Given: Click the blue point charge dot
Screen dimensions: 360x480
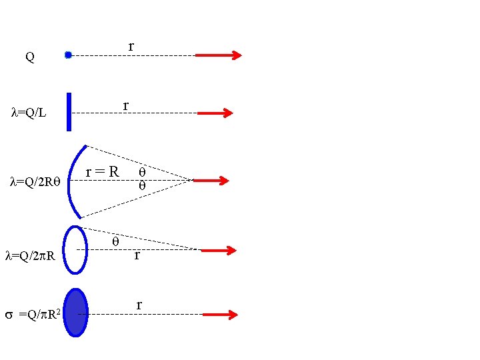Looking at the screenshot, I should click(68, 55).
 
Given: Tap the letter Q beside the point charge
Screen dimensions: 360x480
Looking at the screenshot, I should click(30, 57).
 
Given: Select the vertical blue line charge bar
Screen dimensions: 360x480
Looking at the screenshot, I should click(69, 111).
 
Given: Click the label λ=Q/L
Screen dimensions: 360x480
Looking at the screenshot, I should click(29, 113).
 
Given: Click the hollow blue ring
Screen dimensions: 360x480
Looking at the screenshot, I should click(75, 249).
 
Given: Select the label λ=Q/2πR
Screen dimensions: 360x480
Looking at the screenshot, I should click(33, 255).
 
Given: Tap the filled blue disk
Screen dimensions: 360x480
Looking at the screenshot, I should click(76, 312).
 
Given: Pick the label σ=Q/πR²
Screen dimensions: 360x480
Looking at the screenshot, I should click(33, 313).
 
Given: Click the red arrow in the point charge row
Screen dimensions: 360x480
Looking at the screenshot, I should click(218, 55).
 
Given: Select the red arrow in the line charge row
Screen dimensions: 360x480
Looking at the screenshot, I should click(215, 113).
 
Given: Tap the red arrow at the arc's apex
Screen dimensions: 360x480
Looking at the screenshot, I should click(211, 180).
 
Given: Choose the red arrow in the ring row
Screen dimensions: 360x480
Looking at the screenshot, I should click(218, 251).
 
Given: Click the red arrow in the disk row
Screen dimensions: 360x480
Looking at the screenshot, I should click(219, 314).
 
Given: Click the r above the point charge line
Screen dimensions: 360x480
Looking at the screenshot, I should click(131, 46).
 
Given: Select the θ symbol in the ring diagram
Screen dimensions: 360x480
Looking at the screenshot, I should click(115, 241).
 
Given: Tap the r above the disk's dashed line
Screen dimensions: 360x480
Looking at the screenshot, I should click(139, 305).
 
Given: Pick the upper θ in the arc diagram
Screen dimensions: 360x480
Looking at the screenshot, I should click(141, 172).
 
